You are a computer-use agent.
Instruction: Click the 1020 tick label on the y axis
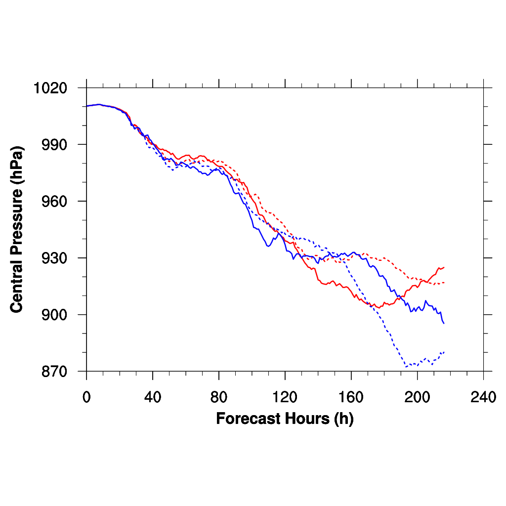(x=50, y=88)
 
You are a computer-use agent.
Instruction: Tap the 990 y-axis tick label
(x=56, y=145)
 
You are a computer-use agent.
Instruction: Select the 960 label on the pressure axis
(x=56, y=202)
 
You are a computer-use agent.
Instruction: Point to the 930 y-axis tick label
(x=56, y=258)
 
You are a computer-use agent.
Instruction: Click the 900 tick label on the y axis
(x=56, y=315)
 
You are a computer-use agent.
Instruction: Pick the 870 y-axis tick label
(x=56, y=372)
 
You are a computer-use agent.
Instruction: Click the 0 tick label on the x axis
(x=86, y=397)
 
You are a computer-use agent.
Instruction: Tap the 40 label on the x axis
(x=153, y=397)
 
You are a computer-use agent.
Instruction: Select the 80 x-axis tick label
(x=219, y=397)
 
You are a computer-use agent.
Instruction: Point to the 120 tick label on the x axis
(x=285, y=397)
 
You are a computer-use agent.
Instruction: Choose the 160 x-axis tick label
(x=351, y=397)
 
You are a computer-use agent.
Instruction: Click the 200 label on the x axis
(x=418, y=397)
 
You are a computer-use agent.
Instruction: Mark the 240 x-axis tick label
(x=483, y=397)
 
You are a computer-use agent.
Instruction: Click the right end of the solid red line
(x=444, y=267)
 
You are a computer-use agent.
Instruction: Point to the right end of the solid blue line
(x=444, y=323)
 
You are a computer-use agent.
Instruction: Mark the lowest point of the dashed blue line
(x=406, y=367)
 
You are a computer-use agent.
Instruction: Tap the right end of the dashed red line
(x=444, y=283)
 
